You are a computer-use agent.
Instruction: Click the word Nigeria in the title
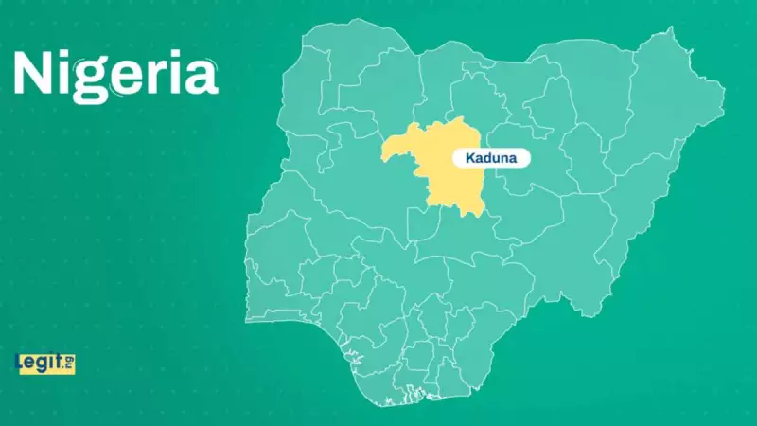[x=115, y=74]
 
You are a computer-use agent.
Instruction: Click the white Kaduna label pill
[x=491, y=158]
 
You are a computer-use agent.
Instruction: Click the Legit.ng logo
[x=44, y=362]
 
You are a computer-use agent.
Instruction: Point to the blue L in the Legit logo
[x=20, y=362]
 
